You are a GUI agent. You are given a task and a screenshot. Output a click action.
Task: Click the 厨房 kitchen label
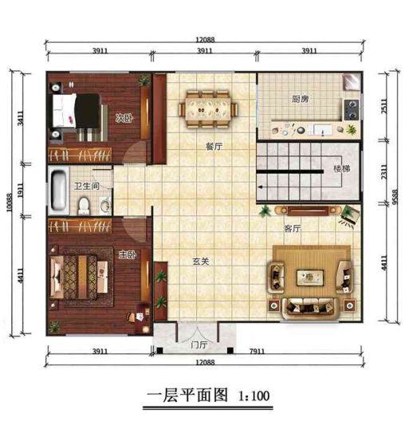click(x=300, y=100)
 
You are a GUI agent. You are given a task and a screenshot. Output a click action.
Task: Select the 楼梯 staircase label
click(x=341, y=169)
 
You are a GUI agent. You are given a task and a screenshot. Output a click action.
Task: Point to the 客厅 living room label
click(x=292, y=228)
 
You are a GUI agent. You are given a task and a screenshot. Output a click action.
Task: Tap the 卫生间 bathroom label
click(x=86, y=187)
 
